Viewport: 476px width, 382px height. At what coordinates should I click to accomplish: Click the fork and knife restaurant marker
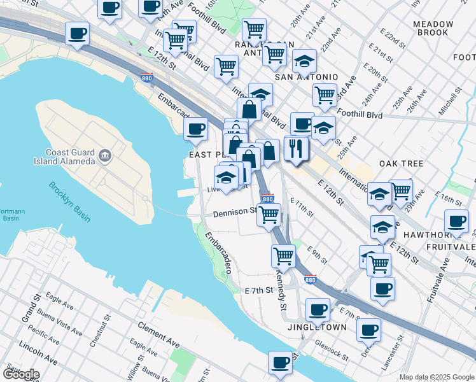[x=296, y=149]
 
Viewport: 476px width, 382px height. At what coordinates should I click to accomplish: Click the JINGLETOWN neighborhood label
[x=318, y=327]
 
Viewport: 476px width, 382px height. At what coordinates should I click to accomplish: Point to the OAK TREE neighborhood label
[x=401, y=164]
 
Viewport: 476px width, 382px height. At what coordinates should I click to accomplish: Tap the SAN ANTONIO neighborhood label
[x=306, y=77]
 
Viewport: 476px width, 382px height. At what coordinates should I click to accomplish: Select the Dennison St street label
[x=234, y=212]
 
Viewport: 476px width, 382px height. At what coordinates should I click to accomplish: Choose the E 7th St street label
[x=258, y=290]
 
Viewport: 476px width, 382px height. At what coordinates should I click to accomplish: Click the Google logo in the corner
[x=20, y=374]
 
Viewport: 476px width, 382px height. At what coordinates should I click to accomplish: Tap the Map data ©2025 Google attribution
[x=436, y=377]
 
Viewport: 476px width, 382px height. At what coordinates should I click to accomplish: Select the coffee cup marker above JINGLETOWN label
[x=318, y=309]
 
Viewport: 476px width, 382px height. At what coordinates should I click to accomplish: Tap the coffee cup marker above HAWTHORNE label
[x=456, y=221]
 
